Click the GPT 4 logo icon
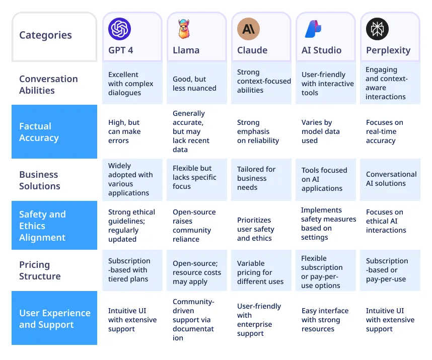pos(119,29)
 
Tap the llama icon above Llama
pos(184,29)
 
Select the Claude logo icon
pos(248,29)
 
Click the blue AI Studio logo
pos(313,29)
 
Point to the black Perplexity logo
pos(377,29)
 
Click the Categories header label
pos(45,35)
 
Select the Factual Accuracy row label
pos(39,132)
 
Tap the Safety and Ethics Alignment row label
pos(42,226)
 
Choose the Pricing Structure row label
pos(40,270)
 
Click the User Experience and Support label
pos(54,319)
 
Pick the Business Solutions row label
pos(39,180)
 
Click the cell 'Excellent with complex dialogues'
pos(131,84)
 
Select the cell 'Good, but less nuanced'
pos(194,84)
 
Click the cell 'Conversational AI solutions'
pos(391,179)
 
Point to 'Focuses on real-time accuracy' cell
pos(385,131)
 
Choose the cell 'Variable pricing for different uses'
pos(260,272)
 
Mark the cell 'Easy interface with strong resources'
pos(325,320)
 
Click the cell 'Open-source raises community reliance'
pos(192,226)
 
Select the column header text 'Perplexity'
pos(388,50)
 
